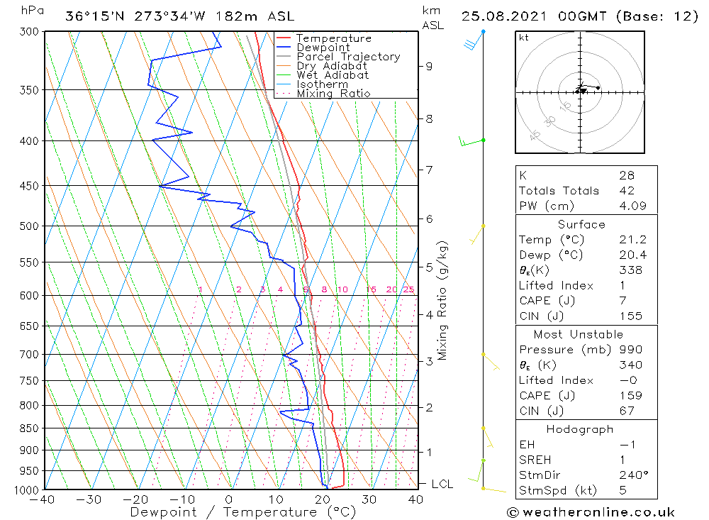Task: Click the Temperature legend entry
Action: (333, 38)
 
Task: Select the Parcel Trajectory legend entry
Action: (348, 57)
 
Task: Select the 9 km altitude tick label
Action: (429, 66)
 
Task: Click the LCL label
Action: (442, 484)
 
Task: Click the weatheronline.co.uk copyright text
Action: (591, 511)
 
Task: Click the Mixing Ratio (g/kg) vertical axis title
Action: (443, 300)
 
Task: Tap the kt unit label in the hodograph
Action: (524, 38)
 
